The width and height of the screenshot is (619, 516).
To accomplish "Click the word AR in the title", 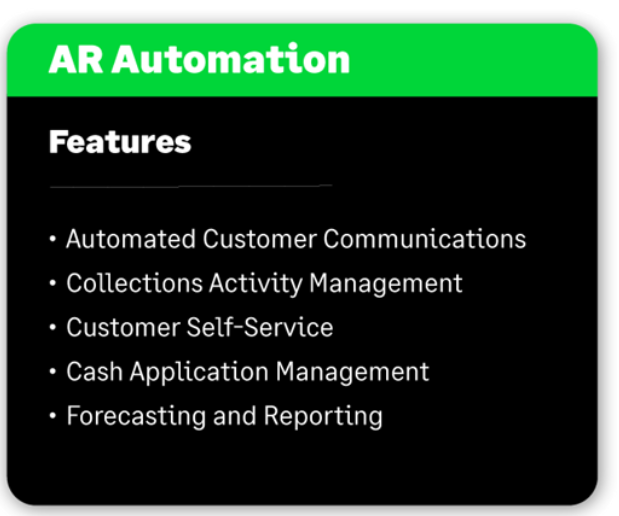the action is coord(76,60).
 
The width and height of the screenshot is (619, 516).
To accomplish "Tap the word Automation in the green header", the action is coord(231,59).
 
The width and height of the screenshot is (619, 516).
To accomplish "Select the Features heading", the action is coord(120,142).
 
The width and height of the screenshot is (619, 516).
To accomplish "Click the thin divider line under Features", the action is coord(191,186).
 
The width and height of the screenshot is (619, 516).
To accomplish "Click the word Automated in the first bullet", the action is coord(131,239).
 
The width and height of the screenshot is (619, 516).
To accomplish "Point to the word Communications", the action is coord(425,239).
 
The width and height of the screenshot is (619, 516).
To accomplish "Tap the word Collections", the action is coord(135,283).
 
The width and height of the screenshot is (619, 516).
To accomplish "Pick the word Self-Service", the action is coord(260,327).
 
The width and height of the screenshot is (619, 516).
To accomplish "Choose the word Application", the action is coord(199,373).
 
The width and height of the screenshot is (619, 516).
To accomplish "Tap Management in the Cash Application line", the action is coord(353,373).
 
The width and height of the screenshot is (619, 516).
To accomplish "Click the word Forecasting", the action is coord(136,417).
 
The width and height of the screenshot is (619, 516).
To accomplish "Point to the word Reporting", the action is coord(323,417).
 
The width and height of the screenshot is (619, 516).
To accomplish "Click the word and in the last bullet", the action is coord(235,416).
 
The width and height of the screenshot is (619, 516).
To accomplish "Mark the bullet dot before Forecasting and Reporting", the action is coord(53,416).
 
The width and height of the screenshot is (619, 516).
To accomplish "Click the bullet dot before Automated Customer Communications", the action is coord(53,239).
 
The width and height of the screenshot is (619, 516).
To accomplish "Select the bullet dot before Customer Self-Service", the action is coord(53,327).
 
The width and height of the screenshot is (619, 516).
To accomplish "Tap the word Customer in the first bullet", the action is coord(260,239).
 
